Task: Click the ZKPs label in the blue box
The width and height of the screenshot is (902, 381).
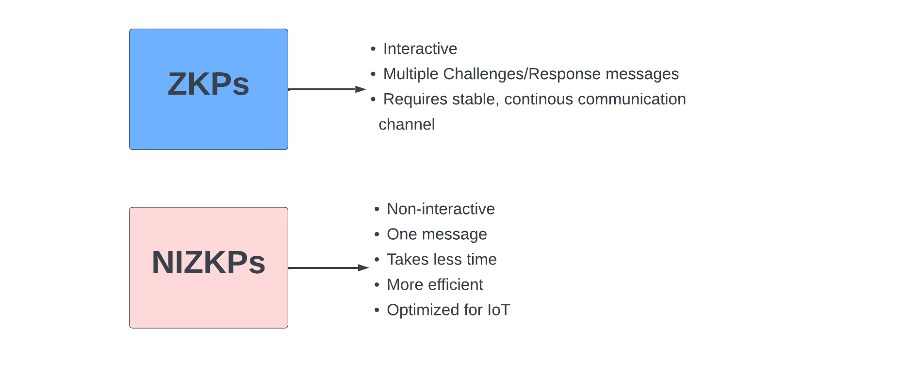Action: [209, 84]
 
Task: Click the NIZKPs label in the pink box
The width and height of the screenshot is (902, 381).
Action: [209, 263]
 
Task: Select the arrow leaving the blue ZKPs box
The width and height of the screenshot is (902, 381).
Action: [327, 89]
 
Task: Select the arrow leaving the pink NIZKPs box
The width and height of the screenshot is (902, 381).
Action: [328, 268]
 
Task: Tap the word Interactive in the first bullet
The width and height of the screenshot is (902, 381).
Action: [420, 49]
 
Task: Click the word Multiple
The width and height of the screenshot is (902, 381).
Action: [411, 74]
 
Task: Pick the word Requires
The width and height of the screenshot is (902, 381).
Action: [415, 99]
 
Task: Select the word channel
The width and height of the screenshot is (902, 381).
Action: [407, 125]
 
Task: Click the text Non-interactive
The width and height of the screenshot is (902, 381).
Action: [441, 209]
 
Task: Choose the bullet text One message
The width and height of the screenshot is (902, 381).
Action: [437, 234]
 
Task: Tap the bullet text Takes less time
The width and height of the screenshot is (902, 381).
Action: [442, 259]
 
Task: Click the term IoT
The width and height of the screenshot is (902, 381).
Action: [499, 310]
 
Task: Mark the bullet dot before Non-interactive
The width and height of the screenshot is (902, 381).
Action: [377, 209]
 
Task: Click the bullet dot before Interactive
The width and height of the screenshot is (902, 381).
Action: [373, 49]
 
